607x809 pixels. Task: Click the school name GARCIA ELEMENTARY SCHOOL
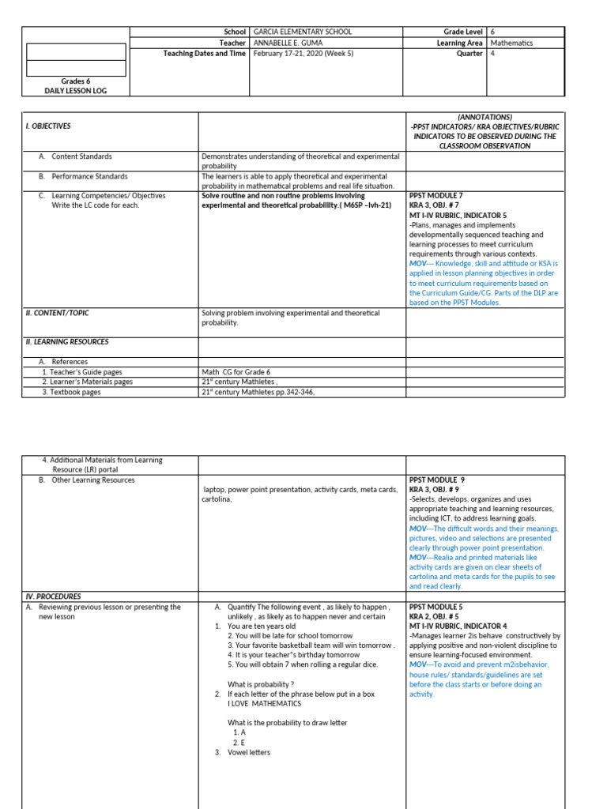click(303, 32)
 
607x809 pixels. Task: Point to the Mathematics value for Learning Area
click(511, 43)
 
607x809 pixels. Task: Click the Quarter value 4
click(494, 54)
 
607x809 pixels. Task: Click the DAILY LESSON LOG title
click(76, 91)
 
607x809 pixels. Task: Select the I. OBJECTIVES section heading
click(48, 126)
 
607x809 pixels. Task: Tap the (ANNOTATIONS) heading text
click(484, 116)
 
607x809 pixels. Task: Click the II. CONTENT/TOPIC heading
click(58, 313)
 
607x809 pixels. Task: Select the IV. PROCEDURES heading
click(53, 596)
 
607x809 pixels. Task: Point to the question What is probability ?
click(261, 684)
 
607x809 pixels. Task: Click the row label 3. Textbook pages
click(72, 391)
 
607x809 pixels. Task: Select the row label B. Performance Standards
click(83, 176)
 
